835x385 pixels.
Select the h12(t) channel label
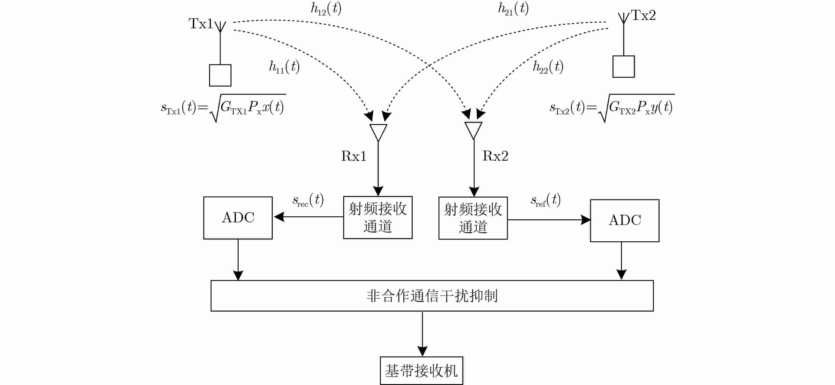(x=326, y=9)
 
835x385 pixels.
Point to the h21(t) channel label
(x=513, y=9)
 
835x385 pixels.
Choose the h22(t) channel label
(x=548, y=67)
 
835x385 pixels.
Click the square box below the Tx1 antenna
(x=220, y=75)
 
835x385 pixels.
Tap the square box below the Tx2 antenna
(x=623, y=67)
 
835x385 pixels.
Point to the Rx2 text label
(x=495, y=156)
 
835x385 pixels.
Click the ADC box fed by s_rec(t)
(x=238, y=218)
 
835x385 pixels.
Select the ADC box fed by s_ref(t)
(x=625, y=221)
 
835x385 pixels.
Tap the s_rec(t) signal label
(x=308, y=200)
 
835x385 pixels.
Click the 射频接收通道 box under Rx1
(x=378, y=217)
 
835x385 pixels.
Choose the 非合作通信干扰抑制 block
(x=432, y=296)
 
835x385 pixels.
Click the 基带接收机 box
(x=421, y=370)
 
